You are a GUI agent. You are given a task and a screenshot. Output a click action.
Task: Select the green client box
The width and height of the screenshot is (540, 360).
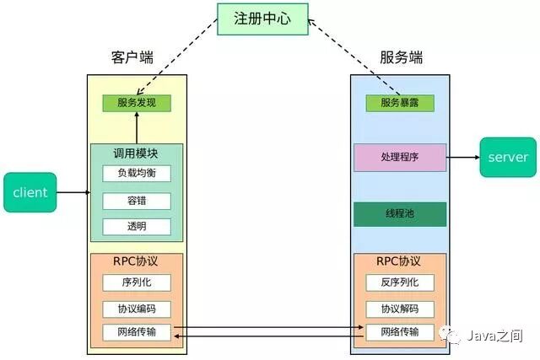pos(30,192)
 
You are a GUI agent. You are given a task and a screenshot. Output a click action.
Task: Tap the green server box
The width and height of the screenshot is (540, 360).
pos(508,157)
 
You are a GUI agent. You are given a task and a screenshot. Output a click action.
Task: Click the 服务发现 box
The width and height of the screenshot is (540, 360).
pos(137,103)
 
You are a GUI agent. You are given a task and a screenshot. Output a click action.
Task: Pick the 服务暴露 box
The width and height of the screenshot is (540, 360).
pos(399,103)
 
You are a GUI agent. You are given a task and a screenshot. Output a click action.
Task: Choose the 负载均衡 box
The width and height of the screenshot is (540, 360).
pos(137,173)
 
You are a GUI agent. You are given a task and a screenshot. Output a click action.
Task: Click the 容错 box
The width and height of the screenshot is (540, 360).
pos(137,201)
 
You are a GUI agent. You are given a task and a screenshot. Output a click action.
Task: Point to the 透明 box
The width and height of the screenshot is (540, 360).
pos(137,227)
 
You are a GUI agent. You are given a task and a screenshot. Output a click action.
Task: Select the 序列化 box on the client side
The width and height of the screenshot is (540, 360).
pos(137,282)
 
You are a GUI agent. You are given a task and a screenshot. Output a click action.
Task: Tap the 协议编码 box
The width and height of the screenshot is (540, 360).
pos(137,309)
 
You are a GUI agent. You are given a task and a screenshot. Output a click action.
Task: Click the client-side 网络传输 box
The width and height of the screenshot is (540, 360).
pos(137,332)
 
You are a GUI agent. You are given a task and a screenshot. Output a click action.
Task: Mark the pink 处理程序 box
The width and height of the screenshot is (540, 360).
pos(399,158)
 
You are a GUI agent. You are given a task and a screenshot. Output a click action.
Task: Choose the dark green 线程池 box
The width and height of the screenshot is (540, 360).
pos(399,214)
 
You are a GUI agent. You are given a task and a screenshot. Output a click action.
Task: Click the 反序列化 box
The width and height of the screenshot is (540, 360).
pos(399,282)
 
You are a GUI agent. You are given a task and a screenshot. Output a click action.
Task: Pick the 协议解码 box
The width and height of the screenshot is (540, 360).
pos(399,309)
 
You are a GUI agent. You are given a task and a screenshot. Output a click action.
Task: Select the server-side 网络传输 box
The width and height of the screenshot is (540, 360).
pos(399,332)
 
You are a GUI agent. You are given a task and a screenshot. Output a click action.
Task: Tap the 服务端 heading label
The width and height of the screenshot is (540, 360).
pos(401,58)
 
